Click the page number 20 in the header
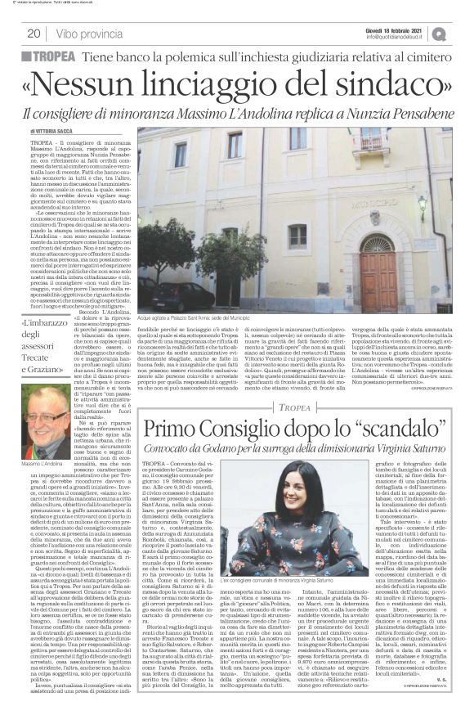point(34,33)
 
